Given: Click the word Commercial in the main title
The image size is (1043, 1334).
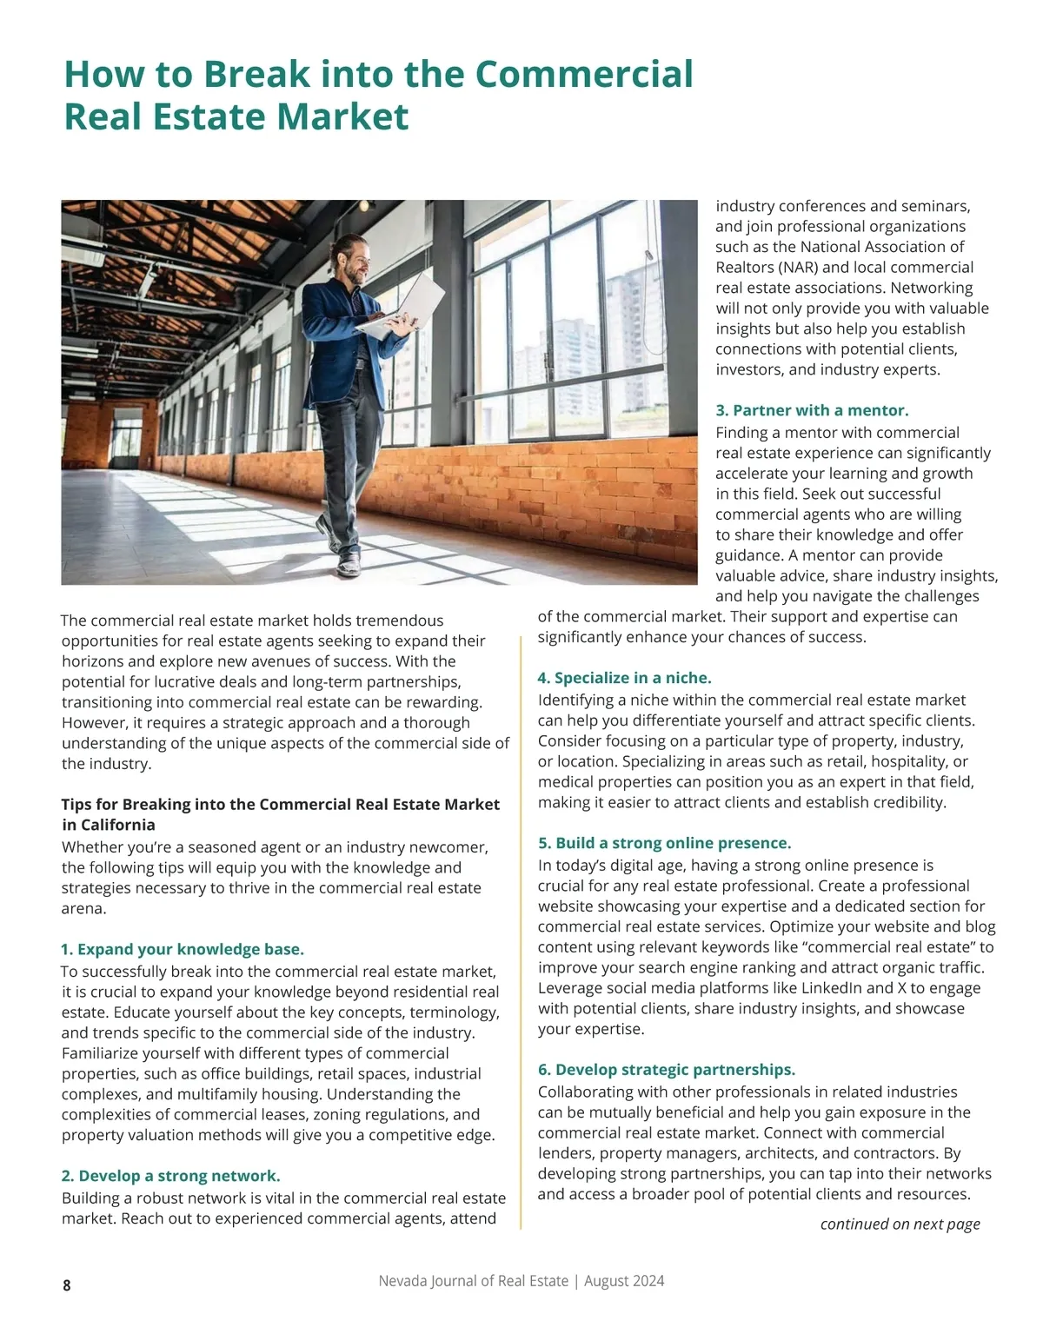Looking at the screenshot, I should [584, 75].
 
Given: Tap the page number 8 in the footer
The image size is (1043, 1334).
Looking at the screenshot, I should [67, 1285].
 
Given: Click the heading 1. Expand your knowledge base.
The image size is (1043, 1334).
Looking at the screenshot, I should [183, 949].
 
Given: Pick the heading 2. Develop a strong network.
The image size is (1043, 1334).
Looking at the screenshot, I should [170, 1176].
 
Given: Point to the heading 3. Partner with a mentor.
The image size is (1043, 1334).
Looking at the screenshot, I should [812, 410].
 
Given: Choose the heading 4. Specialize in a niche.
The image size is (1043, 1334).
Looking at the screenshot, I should [624, 678].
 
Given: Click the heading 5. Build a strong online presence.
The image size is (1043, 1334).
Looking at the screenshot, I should [664, 843].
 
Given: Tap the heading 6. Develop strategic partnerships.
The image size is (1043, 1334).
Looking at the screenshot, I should [667, 1070].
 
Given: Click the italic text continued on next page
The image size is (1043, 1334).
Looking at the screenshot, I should [900, 1224].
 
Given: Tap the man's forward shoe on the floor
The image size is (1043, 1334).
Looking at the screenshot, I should [349, 566].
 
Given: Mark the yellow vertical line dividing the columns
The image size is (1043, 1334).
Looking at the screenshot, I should [521, 930].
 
